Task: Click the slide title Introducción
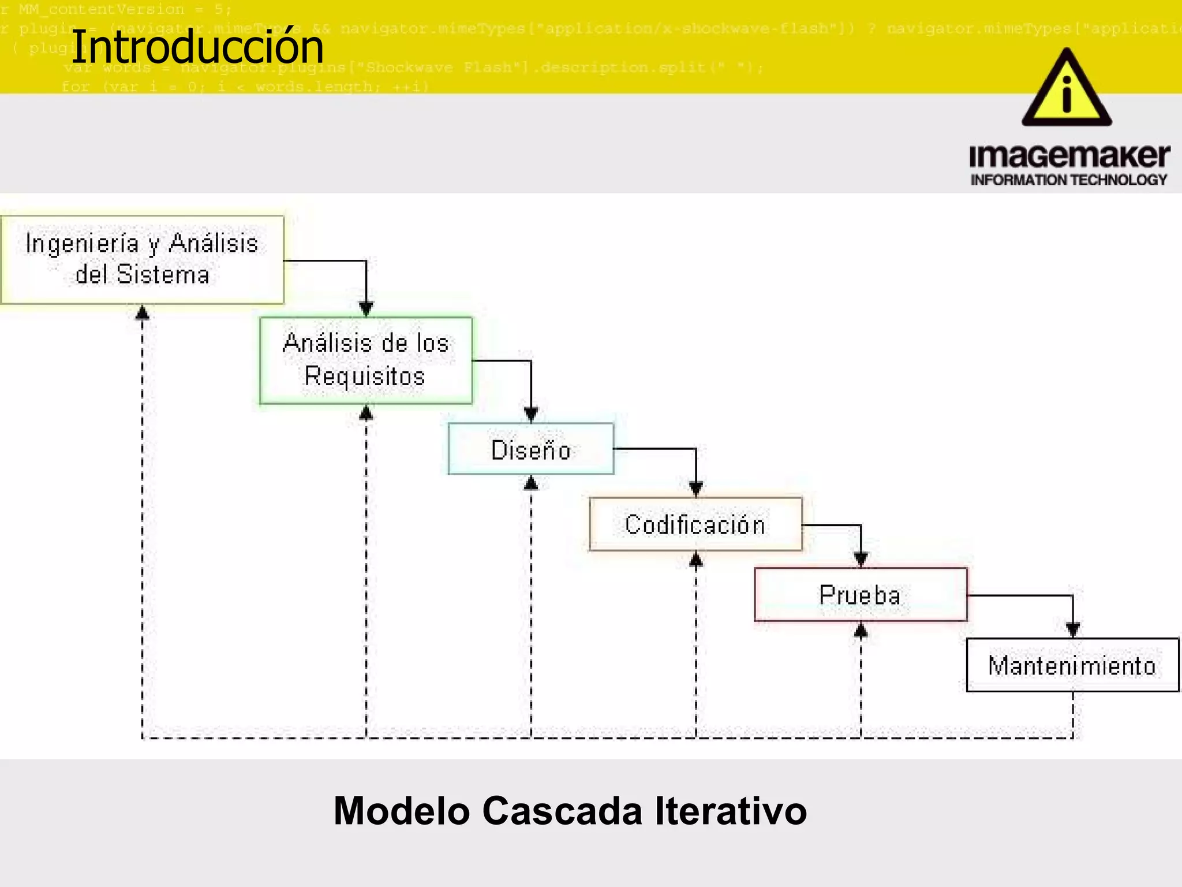(197, 47)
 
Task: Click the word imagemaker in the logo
(1069, 156)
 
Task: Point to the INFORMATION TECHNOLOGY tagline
(1069, 180)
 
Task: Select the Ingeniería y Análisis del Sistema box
(142, 259)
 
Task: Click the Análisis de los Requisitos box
(366, 360)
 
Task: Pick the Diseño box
(531, 449)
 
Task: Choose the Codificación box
(695, 524)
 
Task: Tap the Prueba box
(861, 595)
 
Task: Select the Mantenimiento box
(1072, 665)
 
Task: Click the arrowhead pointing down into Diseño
(531, 414)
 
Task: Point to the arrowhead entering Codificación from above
(696, 489)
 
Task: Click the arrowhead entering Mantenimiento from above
(1073, 629)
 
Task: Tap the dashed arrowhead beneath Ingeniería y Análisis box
(143, 313)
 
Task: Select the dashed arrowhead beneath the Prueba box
(861, 630)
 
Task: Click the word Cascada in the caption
(562, 811)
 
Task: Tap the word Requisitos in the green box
(365, 377)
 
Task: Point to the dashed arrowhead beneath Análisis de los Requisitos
(366, 412)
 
